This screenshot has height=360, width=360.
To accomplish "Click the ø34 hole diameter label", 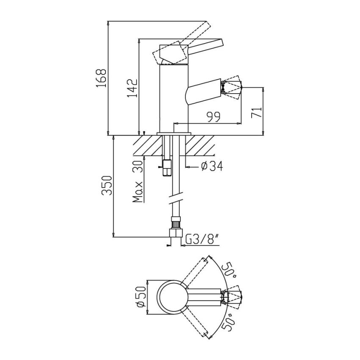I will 211,166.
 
